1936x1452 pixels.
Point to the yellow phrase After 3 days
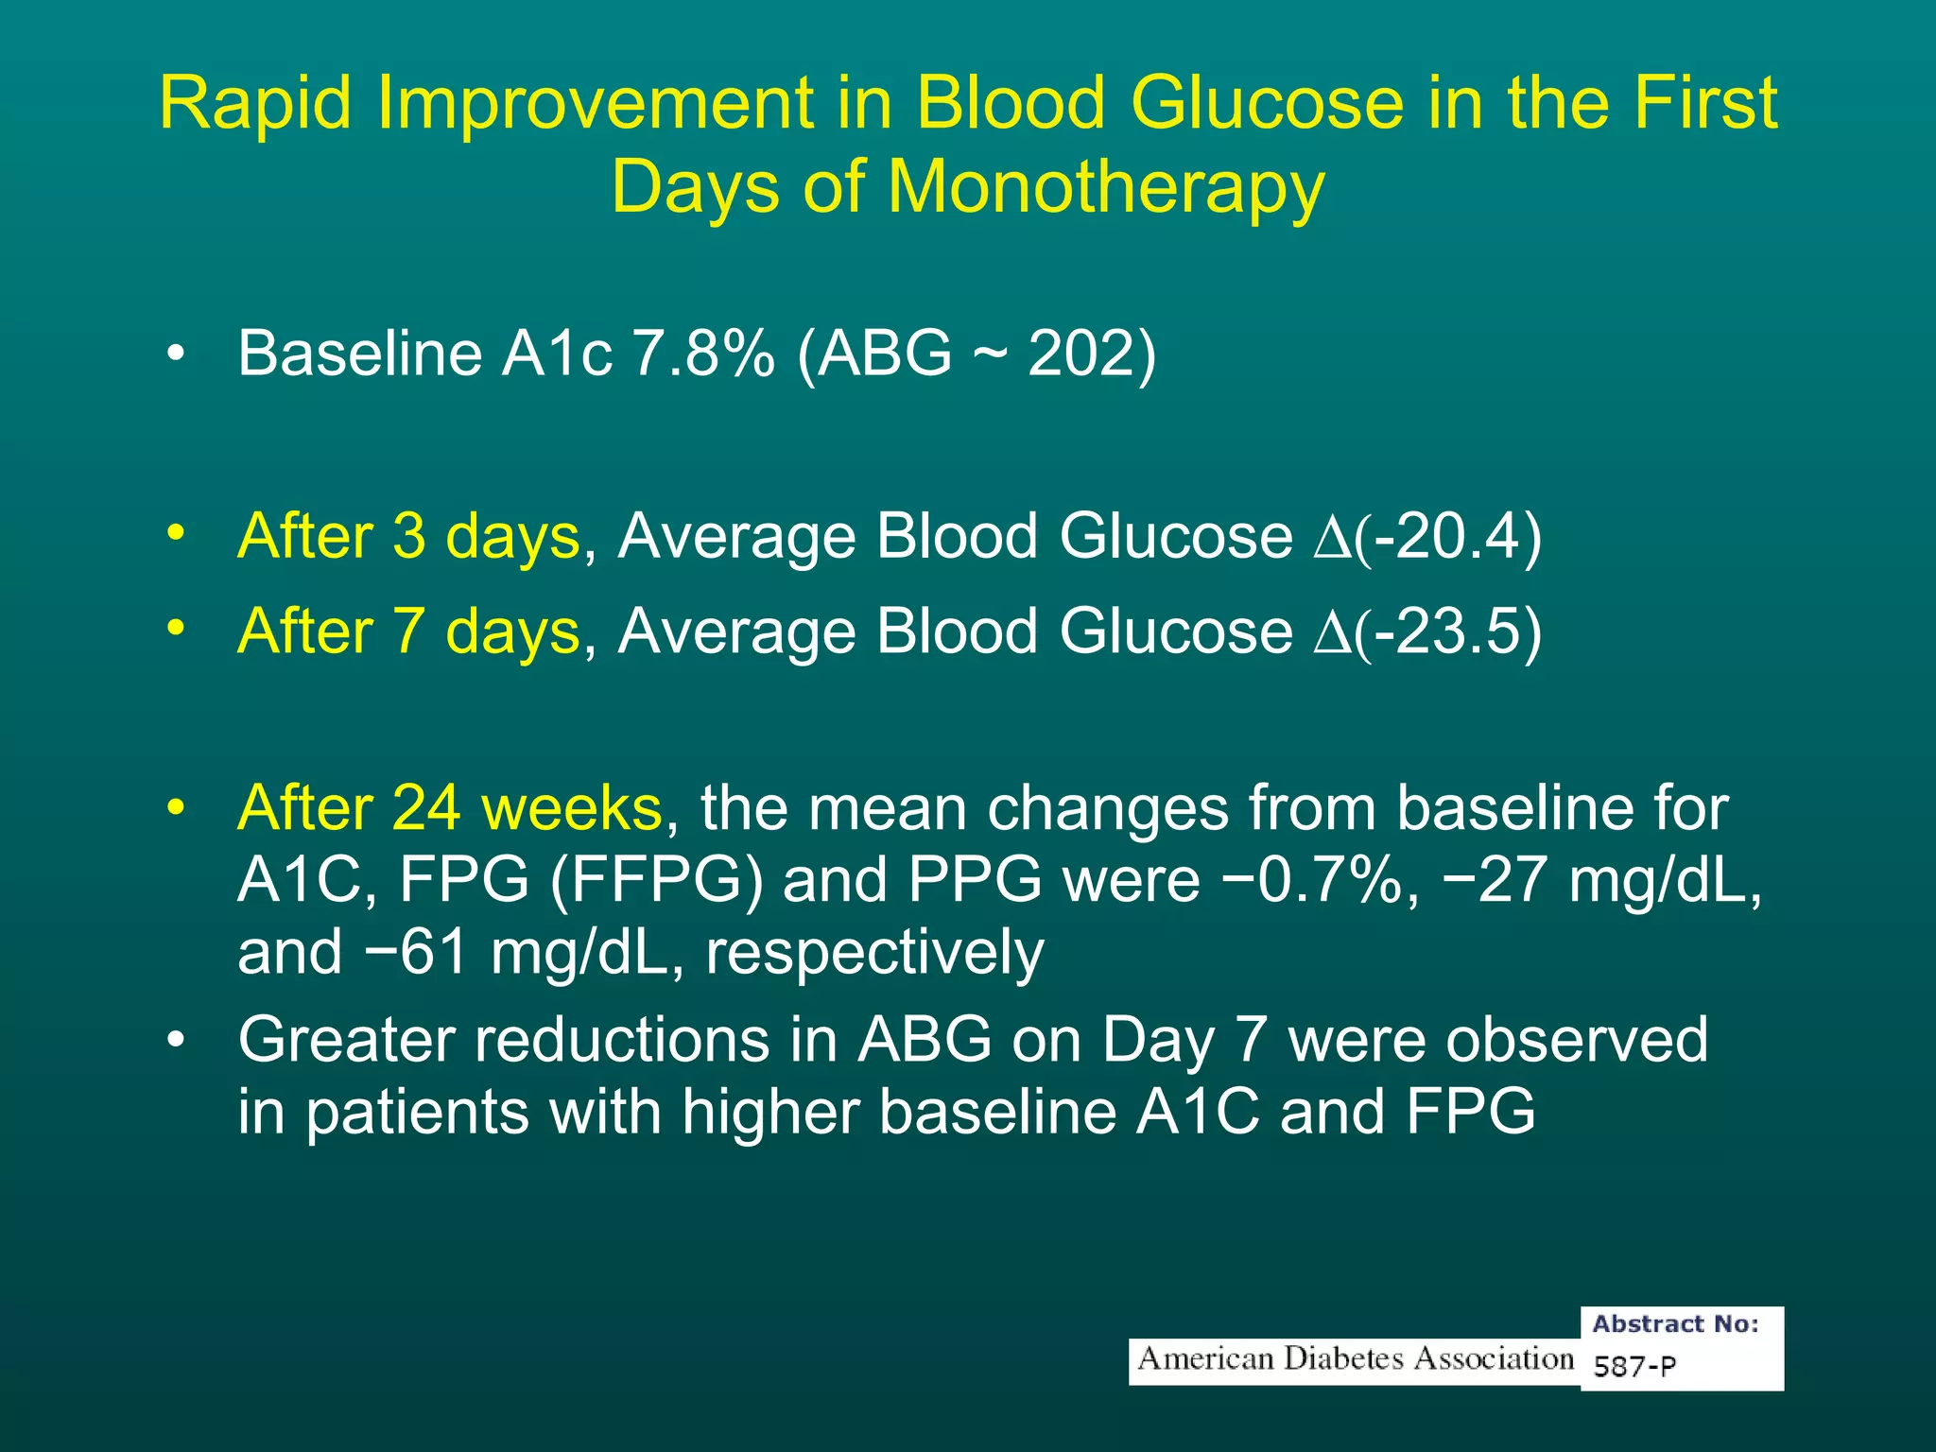pyautogui.click(x=408, y=537)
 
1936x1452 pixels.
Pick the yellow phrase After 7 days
pyautogui.click(x=408, y=631)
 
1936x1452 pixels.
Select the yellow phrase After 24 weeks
pyautogui.click(x=450, y=809)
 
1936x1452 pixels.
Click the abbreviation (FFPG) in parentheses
pyautogui.click(x=656, y=881)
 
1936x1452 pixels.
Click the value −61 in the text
pyautogui.click(x=417, y=953)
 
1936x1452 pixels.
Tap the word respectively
pyautogui.click(x=874, y=953)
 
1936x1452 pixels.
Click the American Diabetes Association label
pyautogui.click(x=1354, y=1359)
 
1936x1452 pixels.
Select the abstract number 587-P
pyautogui.click(x=1634, y=1366)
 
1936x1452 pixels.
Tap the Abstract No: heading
pyautogui.click(x=1675, y=1324)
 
